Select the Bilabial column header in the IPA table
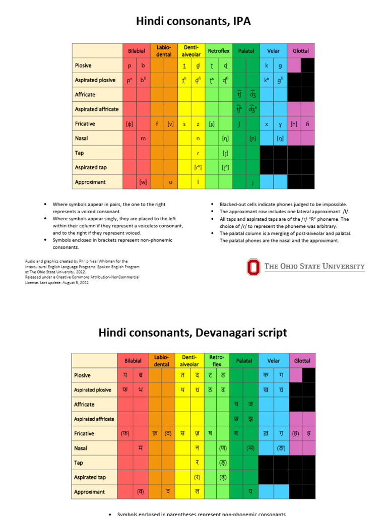pos(136,51)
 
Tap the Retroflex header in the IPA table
pos(219,51)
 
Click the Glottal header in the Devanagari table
pos(302,361)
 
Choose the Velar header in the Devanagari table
pos(274,361)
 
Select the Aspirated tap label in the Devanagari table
pos(90,477)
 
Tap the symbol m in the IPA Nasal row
pos(143,138)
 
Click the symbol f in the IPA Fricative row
pos(157,124)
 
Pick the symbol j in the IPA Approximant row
pos(253,182)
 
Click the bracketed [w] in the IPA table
pos(143,182)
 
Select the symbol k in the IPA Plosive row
pos(267,66)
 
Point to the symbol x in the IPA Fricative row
pos(267,124)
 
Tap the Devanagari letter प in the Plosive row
pos(125,375)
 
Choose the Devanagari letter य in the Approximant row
pos(250,492)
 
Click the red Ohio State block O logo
pos(253,267)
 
